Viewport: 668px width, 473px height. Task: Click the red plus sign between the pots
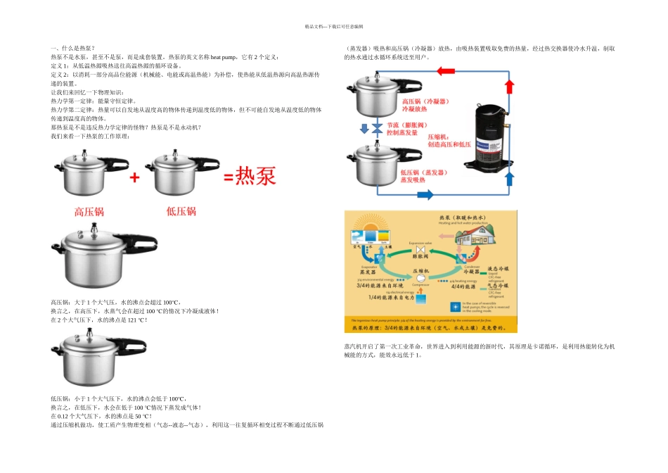click(x=134, y=177)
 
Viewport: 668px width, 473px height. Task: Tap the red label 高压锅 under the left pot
click(x=90, y=211)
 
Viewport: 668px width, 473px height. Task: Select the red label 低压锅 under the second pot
click(x=181, y=211)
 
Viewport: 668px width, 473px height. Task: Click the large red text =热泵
click(x=250, y=176)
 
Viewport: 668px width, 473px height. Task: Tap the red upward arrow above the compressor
click(x=509, y=87)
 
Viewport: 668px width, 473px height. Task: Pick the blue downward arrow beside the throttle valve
click(x=364, y=129)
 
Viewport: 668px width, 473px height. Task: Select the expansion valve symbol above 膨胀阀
click(x=420, y=250)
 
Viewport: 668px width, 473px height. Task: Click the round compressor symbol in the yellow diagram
click(x=420, y=278)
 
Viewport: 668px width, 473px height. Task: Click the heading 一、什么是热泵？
click(x=73, y=47)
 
